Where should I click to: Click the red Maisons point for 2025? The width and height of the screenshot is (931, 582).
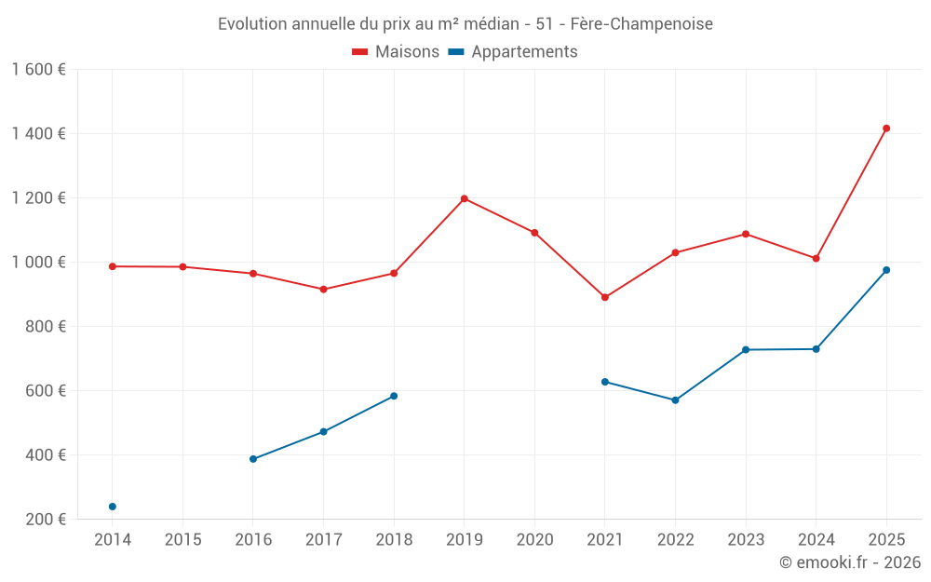point(886,129)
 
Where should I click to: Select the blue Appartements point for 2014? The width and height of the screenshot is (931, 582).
point(113,507)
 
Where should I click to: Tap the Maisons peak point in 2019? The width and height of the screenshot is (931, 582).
point(464,198)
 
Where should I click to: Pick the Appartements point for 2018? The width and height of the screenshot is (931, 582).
point(394,396)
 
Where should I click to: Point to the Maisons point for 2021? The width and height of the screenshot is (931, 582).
point(605,297)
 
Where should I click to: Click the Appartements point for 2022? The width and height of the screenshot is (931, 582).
point(675,400)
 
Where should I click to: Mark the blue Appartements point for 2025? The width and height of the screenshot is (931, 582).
point(886,270)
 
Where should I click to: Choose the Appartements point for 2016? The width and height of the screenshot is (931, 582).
point(253,459)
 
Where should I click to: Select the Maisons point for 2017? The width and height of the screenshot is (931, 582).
point(323,290)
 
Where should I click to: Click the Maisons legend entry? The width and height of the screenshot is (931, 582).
point(396,52)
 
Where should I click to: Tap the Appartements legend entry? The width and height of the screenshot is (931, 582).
point(513,52)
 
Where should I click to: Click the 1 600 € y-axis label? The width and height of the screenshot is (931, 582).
point(38,70)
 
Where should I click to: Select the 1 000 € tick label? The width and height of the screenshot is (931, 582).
point(38,263)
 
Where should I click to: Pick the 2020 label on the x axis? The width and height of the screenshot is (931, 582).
point(534,540)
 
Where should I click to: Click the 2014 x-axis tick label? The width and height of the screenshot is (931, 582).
point(113,540)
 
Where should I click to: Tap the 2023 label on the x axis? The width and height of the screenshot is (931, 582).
point(746,540)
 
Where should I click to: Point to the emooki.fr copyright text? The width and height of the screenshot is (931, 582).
point(849,562)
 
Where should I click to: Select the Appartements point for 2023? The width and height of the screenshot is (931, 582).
point(746,350)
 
